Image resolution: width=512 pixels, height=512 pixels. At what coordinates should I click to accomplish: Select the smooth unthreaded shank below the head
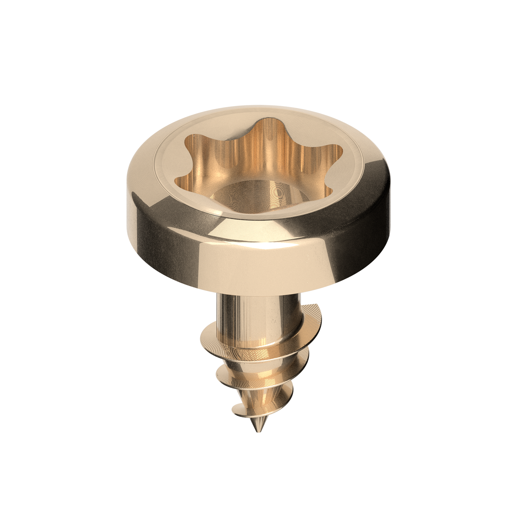click(x=253, y=314)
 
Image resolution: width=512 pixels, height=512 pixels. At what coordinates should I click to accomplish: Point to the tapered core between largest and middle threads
click(x=256, y=355)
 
